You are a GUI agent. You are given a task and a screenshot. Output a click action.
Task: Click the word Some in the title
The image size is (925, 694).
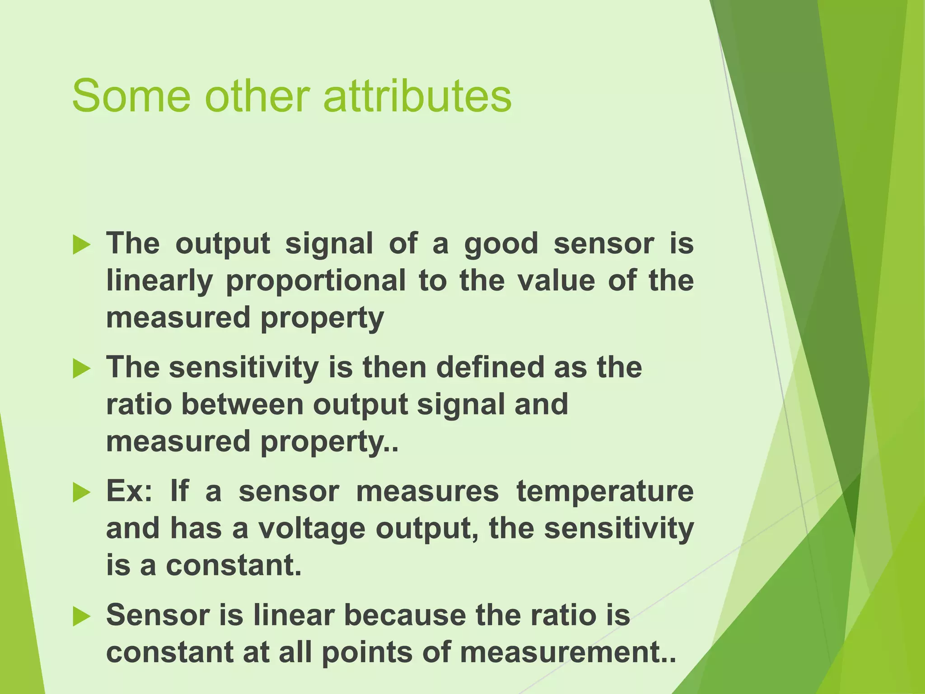(131, 96)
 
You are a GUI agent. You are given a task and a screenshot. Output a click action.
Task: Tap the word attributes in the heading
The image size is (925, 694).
(418, 96)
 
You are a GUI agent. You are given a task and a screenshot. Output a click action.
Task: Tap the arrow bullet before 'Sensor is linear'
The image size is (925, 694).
(82, 616)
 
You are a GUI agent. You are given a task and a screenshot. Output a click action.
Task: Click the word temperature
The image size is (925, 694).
(605, 492)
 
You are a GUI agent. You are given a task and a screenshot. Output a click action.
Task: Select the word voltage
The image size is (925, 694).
(311, 529)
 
